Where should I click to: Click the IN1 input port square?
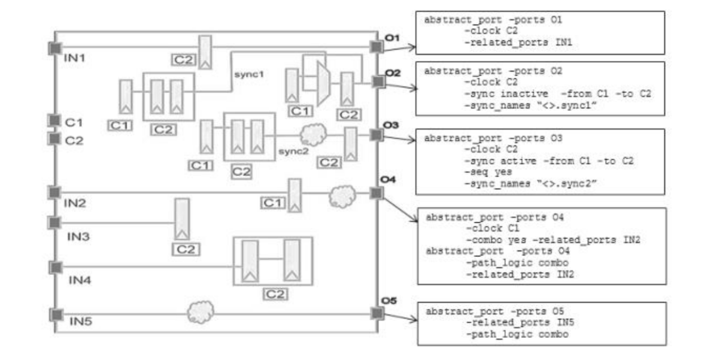pyautogui.click(x=55, y=48)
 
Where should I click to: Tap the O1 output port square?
pyautogui.click(x=376, y=47)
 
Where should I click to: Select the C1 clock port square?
pyautogui.click(x=54, y=121)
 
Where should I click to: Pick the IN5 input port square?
pyautogui.click(x=55, y=314)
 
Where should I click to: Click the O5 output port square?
pyautogui.click(x=376, y=313)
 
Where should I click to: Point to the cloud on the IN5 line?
pyautogui.click(x=200, y=312)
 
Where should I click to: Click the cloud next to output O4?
pyautogui.click(x=342, y=195)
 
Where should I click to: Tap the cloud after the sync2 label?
pyautogui.click(x=312, y=135)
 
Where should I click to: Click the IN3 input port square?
pyautogui.click(x=54, y=223)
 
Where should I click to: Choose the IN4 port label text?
pyautogui.click(x=80, y=279)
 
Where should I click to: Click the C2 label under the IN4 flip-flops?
pyautogui.click(x=275, y=294)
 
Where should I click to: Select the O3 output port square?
pyautogui.click(x=376, y=135)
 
